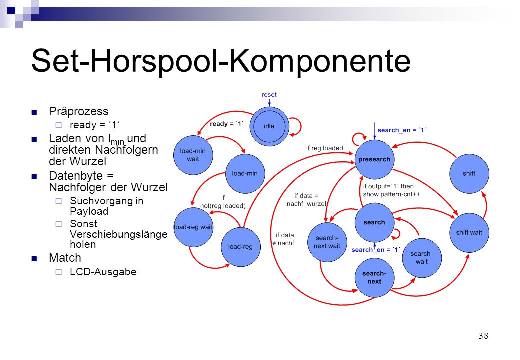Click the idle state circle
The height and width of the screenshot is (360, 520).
coord(269,126)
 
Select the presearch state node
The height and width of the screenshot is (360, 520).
coord(374,159)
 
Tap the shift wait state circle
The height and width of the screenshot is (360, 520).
coord(469,232)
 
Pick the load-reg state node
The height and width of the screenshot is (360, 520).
coord(241,247)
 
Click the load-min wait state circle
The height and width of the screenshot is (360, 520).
coord(193,155)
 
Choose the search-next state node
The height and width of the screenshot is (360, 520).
coord(374,277)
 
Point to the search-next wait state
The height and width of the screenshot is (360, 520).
coord(327,242)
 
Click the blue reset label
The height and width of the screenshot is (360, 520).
coord(269,95)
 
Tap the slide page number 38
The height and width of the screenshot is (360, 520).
coord(483,336)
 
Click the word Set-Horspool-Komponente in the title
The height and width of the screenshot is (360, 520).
coord(221,61)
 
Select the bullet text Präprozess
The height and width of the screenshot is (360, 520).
coord(78,111)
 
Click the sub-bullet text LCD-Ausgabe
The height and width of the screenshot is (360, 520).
coord(103,272)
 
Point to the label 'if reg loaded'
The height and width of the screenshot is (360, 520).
coord(324,148)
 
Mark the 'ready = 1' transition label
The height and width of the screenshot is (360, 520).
coord(227,124)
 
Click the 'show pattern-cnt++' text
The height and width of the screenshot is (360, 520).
coord(391,194)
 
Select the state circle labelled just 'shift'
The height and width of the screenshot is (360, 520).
coord(469,173)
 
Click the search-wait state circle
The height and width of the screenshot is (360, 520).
coord(422,258)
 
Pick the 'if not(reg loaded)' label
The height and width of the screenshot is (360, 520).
coord(223,202)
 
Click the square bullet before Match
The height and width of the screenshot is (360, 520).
coord(34,259)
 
